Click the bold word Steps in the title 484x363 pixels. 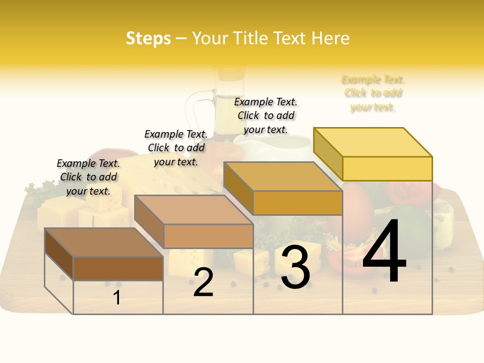(x=148, y=38)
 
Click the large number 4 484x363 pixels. (x=385, y=252)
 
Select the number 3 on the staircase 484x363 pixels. (x=295, y=267)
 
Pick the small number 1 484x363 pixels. (x=117, y=298)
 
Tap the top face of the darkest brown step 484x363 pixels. (x=103, y=243)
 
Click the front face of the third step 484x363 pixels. (x=297, y=203)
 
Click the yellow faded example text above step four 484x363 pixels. (x=373, y=93)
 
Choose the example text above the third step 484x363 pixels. (x=266, y=115)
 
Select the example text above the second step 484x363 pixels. (x=176, y=148)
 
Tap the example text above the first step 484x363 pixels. (x=88, y=177)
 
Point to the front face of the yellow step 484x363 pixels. (x=387, y=168)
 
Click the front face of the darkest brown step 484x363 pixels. (x=118, y=269)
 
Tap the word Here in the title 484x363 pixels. (x=330, y=38)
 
